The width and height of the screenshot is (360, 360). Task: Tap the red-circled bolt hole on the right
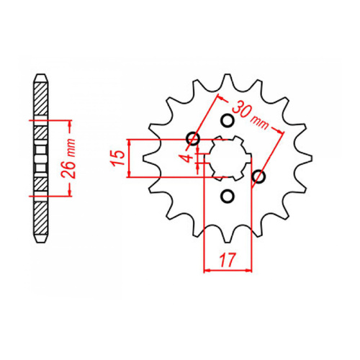tap(260, 176)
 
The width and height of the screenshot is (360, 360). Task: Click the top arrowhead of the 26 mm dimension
tap(68, 123)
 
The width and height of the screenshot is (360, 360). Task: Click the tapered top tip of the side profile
tap(42, 73)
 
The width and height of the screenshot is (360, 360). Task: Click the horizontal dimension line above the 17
tap(227, 270)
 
